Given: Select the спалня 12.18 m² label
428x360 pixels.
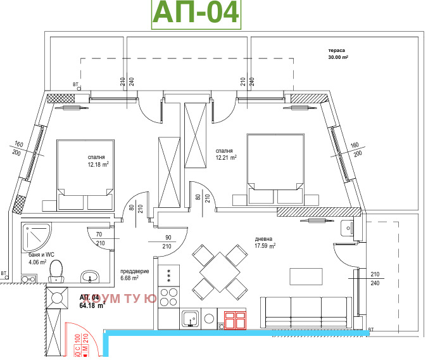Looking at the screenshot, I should click(x=98, y=160).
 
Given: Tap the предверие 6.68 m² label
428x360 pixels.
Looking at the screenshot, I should click(x=134, y=274).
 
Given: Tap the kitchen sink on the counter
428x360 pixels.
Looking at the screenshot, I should click(x=190, y=319).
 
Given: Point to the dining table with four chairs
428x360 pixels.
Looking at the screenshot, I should click(x=218, y=273).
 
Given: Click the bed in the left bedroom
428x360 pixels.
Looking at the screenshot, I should click(x=85, y=174).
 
